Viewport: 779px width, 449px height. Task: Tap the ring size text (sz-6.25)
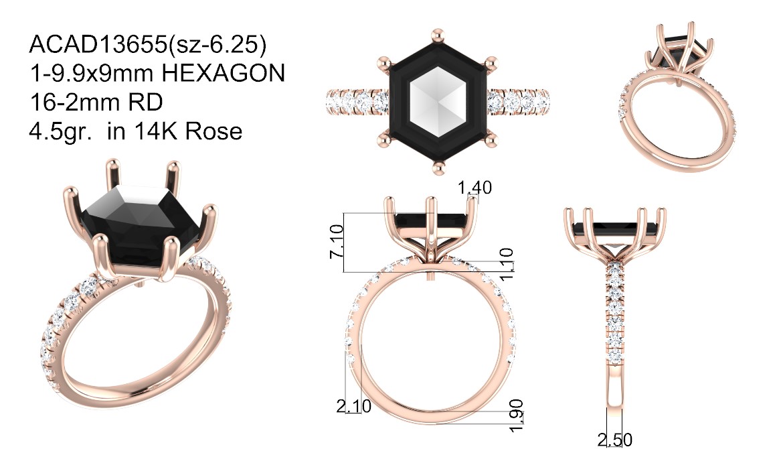218,45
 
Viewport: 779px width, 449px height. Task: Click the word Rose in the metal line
213,131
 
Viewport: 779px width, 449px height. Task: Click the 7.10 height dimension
337,242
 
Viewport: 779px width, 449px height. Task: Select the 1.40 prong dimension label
474,188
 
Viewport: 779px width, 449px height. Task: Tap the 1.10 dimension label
506,265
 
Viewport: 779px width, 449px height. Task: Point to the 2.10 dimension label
354,406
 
